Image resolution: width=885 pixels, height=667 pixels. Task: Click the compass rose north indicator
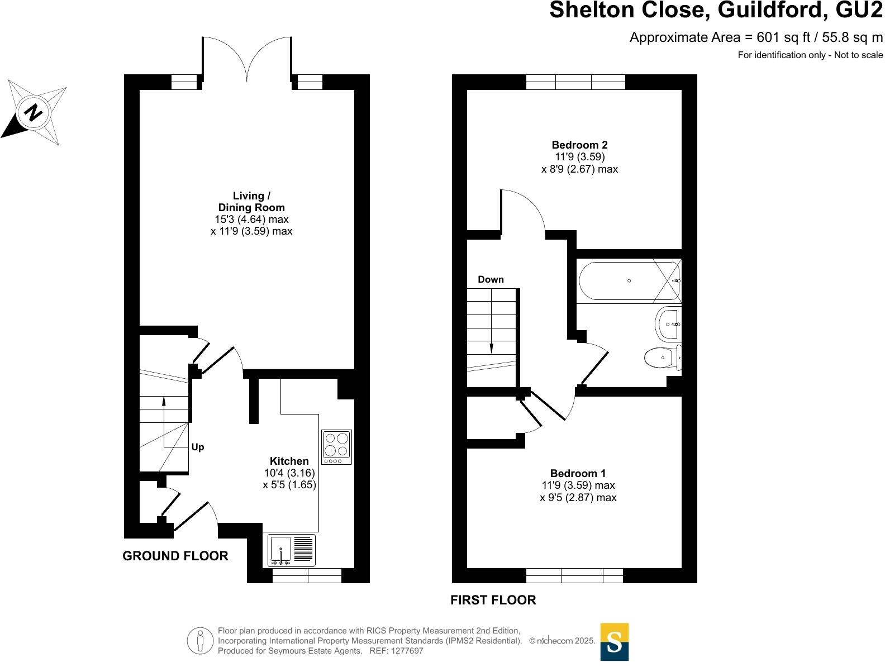coord(34,113)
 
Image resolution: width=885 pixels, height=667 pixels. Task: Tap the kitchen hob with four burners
coord(337,447)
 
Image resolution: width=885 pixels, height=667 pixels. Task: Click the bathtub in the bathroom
coord(629,281)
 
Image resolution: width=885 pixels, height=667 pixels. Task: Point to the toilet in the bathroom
coord(663,358)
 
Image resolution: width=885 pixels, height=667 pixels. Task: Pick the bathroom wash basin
coord(668,324)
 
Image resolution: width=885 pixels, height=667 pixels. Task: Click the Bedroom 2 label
coord(579,145)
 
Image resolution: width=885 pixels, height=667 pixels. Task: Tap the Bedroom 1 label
coord(578,473)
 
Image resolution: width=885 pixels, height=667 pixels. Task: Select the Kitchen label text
coord(289,461)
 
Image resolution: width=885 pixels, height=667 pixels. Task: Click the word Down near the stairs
coord(491,279)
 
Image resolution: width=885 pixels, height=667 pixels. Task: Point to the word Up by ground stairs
coord(198,447)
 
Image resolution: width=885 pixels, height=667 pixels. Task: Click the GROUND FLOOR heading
coord(175,556)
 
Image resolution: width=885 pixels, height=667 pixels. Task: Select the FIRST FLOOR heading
coord(493,600)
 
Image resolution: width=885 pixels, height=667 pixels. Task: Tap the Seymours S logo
coord(615,642)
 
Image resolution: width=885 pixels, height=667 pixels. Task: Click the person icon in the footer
coord(200,640)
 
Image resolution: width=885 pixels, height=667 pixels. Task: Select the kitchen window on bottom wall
coord(307,575)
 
